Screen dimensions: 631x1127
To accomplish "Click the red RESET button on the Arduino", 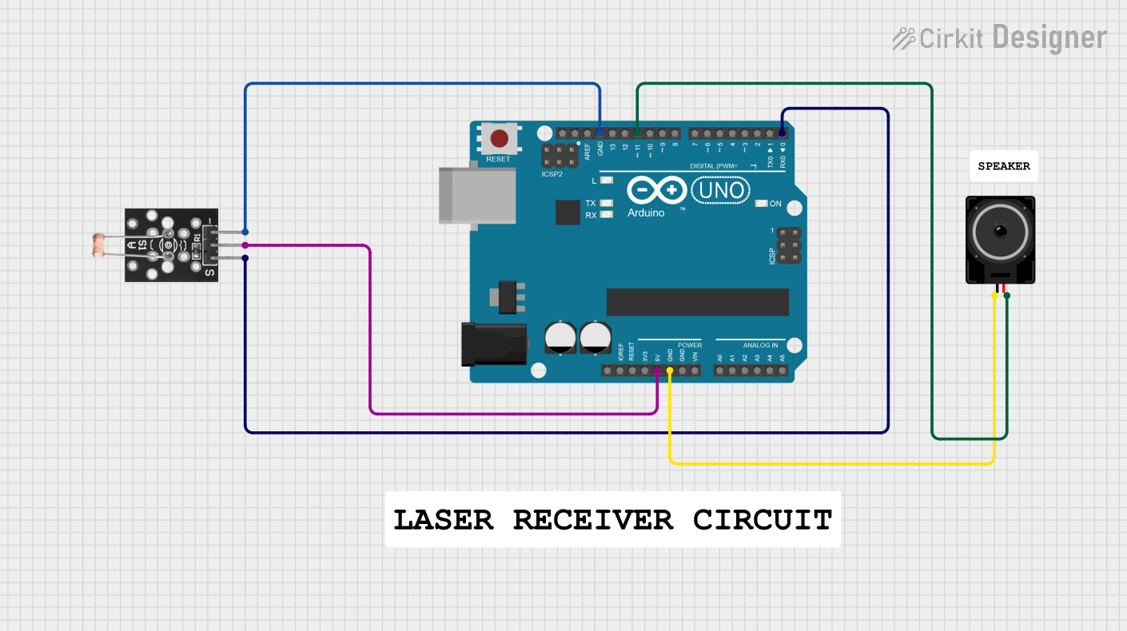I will [x=500, y=139].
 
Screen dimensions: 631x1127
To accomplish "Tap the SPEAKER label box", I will [x=1004, y=166].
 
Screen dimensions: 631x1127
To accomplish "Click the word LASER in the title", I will [x=444, y=520].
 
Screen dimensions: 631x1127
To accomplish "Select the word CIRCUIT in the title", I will [x=763, y=520].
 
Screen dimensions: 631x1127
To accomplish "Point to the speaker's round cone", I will [x=1000, y=232].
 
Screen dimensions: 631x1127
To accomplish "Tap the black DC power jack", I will [x=493, y=343].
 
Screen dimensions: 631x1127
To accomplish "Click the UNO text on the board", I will [x=721, y=190].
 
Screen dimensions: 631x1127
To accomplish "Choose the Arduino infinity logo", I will [x=656, y=190].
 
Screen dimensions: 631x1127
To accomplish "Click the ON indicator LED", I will [x=761, y=204].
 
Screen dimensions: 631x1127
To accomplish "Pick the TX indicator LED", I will [x=606, y=204].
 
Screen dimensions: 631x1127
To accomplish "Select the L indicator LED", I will [x=606, y=181].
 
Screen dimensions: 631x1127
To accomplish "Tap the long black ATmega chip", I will [x=697, y=302].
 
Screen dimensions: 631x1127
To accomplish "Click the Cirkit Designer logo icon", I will [x=904, y=38].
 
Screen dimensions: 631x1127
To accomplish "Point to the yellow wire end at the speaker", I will [x=994, y=296].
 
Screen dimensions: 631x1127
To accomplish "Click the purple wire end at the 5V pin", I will [x=657, y=371].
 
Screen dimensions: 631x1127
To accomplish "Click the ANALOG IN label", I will [x=760, y=345].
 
